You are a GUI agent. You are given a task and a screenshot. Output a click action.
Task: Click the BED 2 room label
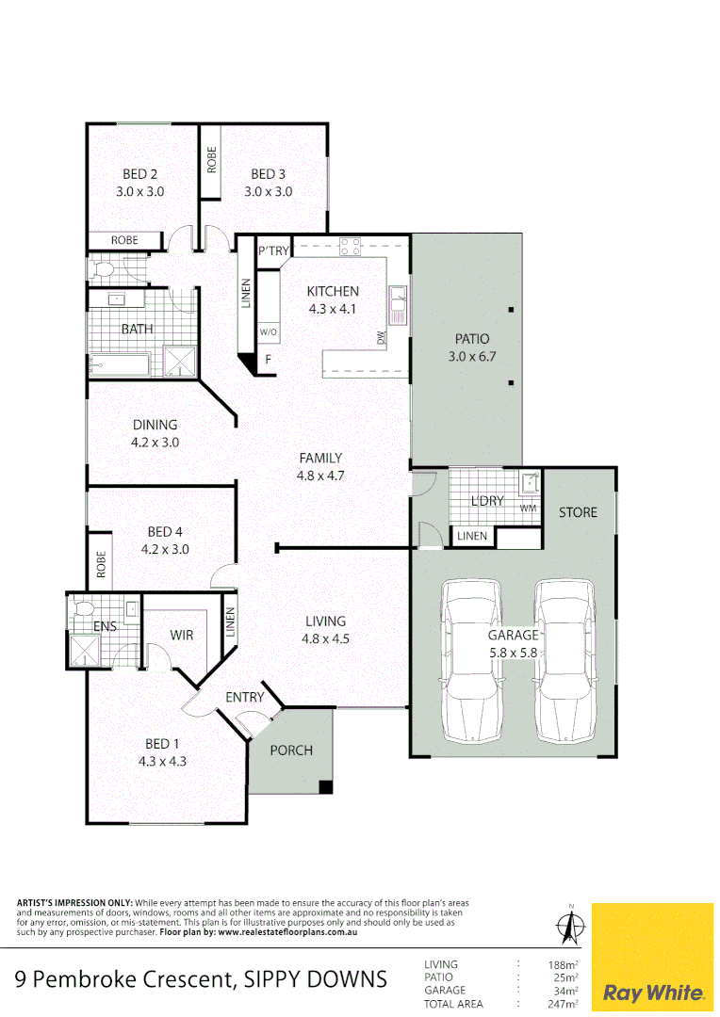(139, 174)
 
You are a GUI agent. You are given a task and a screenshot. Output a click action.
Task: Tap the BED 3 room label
(269, 174)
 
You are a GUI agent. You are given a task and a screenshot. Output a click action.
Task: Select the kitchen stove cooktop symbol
(350, 248)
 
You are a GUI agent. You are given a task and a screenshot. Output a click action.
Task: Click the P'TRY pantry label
(274, 250)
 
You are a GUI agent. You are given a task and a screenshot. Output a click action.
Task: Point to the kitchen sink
(400, 299)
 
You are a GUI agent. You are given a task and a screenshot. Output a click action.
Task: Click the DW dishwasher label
(382, 337)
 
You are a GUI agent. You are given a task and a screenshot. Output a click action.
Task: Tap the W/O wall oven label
(269, 332)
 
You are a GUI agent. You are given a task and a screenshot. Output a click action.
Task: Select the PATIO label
(472, 339)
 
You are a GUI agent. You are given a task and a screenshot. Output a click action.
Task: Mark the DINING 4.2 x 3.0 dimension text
(155, 442)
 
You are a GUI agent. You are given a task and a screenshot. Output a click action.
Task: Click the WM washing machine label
(528, 508)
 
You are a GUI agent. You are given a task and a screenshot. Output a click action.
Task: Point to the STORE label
(578, 512)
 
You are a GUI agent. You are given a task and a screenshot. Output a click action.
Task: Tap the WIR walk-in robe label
(182, 636)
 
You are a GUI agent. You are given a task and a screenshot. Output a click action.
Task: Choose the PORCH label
(291, 751)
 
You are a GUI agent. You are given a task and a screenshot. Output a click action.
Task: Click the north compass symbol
(569, 927)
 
